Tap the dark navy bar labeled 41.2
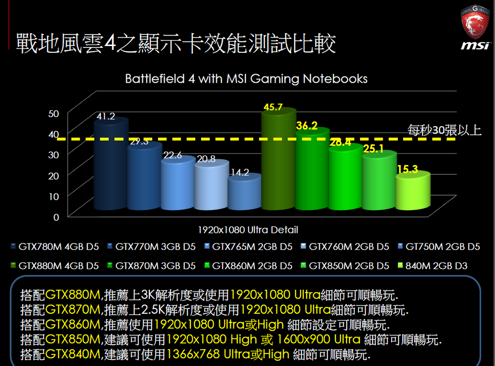tap(111, 165)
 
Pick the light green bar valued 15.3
tap(412, 193)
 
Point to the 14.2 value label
tap(239, 172)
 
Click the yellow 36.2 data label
tap(306, 126)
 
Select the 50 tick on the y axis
tap(54, 113)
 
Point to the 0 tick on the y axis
tap(56, 217)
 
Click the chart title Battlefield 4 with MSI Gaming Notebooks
tap(247, 78)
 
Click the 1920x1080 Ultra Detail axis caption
tap(248, 229)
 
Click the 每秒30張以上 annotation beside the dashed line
tap(444, 130)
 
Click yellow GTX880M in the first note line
tap(73, 295)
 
